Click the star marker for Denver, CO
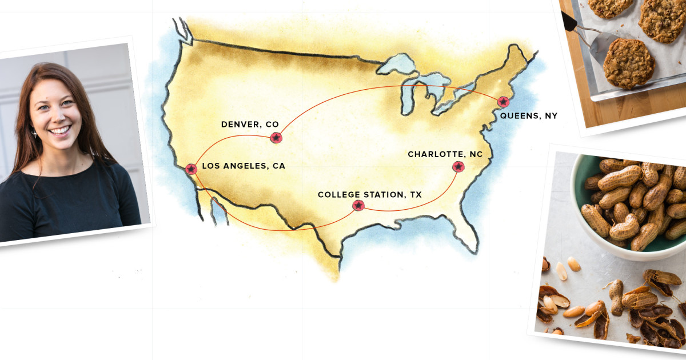click(x=276, y=138)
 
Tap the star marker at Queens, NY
click(x=503, y=102)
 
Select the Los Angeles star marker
click(x=191, y=169)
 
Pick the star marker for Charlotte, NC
click(x=458, y=167)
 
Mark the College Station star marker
click(x=358, y=205)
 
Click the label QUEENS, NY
click(x=528, y=116)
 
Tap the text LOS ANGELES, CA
click(x=244, y=166)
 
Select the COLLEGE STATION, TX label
click(x=369, y=195)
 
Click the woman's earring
click(x=34, y=133)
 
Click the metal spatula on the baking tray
click(x=600, y=46)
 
